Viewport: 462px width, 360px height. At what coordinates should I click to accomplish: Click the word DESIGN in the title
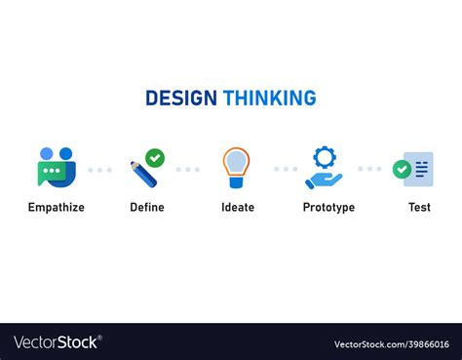pos(181,99)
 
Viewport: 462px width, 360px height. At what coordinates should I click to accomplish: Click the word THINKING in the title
pos(269,99)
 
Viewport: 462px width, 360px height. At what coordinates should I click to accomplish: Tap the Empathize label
pos(57,208)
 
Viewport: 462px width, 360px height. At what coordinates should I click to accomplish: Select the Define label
pos(147,208)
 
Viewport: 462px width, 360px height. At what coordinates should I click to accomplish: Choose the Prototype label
pos(328,208)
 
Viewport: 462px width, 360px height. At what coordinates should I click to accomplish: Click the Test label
pos(419,208)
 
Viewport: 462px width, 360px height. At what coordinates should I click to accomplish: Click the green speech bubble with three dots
pos(51,173)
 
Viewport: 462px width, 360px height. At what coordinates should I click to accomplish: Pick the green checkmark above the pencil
pos(155,158)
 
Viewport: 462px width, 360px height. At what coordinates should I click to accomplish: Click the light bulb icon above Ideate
pos(236,166)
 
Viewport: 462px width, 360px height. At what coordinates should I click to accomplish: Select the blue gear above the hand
pos(324,156)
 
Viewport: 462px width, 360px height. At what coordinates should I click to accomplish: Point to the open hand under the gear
pos(322,180)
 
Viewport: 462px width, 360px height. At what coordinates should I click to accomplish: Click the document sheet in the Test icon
pos(420,169)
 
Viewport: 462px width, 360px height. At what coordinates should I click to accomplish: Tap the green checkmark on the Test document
pos(402,170)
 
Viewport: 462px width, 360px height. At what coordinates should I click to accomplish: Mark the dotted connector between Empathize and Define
pos(99,170)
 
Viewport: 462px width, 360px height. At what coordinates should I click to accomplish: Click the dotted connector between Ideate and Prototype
pos(286,169)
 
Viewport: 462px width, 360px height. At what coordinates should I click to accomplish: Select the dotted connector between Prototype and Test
pos(369,169)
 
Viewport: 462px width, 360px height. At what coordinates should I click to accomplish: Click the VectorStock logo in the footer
pos(57,342)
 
